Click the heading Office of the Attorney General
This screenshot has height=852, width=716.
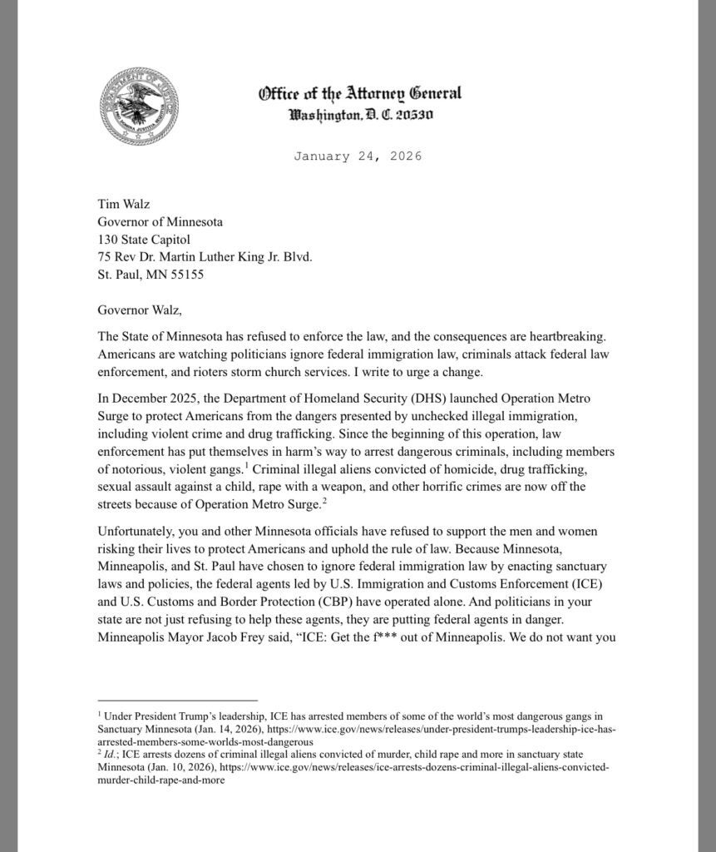(x=359, y=93)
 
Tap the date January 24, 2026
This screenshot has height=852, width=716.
(x=358, y=156)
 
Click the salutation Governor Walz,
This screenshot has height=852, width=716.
(x=139, y=311)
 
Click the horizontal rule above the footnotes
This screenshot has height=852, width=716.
(x=165, y=701)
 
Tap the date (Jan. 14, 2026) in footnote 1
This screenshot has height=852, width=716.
(x=217, y=729)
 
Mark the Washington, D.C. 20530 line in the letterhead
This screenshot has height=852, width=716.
(x=360, y=113)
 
